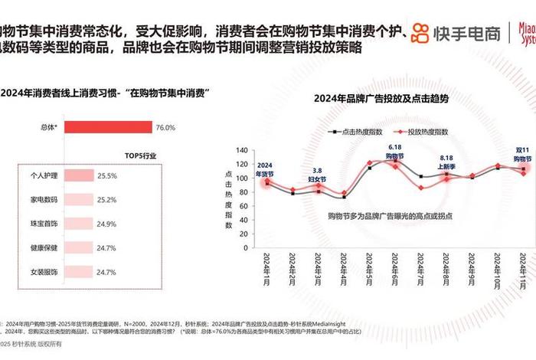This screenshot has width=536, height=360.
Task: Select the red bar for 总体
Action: coord(107,127)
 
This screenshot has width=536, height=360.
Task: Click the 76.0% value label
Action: coord(165,127)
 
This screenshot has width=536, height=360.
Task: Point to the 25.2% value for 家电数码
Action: coord(107,200)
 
